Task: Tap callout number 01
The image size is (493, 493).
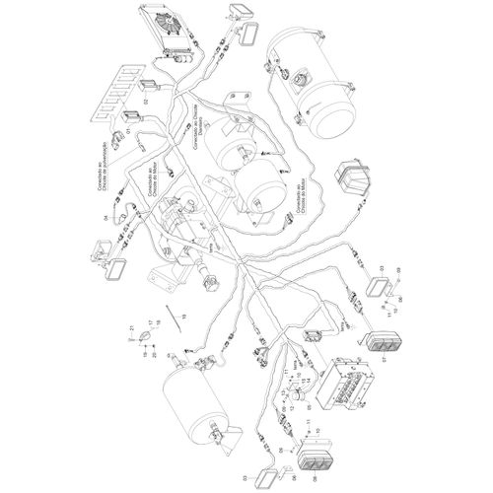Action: [127, 130]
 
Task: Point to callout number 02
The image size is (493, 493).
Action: [144, 102]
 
